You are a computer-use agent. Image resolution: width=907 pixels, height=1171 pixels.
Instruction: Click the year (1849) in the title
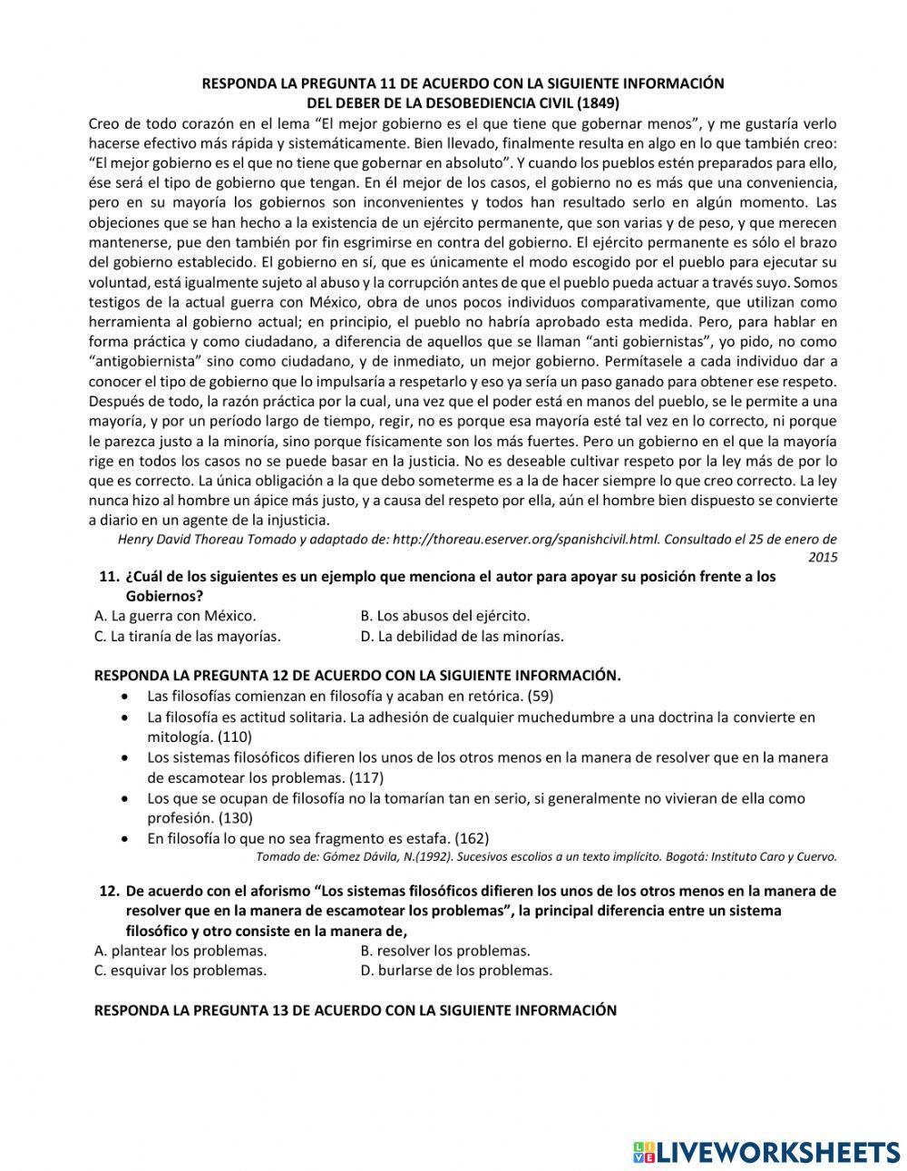point(600,102)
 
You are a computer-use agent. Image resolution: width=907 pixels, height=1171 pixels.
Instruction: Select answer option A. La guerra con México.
point(175,616)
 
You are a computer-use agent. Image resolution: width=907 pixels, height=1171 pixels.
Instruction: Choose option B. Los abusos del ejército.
point(444,616)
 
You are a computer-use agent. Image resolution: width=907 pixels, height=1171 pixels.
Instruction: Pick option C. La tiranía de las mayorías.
point(187,636)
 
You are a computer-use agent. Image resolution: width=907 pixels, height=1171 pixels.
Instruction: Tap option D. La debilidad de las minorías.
point(462,636)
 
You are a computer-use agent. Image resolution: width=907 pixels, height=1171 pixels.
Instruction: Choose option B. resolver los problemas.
point(444,951)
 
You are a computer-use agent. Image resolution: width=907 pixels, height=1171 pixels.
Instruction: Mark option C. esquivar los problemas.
point(180,970)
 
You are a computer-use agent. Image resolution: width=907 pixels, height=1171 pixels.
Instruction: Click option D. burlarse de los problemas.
point(455,970)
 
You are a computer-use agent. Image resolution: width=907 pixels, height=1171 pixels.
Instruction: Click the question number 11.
point(109,577)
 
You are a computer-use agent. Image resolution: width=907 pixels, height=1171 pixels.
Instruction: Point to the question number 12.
point(109,892)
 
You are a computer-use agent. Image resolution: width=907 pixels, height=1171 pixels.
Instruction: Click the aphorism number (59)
point(541,696)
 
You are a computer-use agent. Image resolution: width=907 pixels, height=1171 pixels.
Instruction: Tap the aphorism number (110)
point(235,737)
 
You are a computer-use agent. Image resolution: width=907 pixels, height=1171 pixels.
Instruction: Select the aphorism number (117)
point(367,777)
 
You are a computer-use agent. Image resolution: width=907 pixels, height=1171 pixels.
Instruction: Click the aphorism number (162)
point(472,838)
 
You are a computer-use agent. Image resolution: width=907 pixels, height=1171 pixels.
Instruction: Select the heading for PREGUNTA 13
point(356,1010)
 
